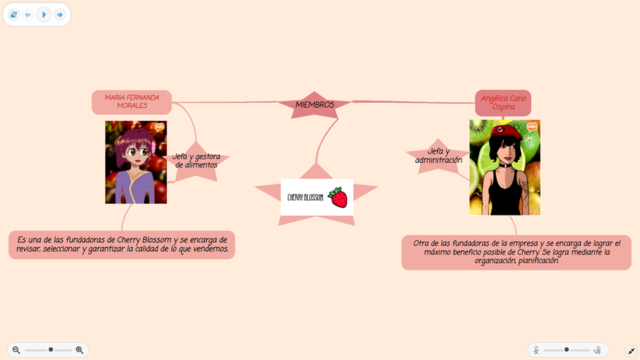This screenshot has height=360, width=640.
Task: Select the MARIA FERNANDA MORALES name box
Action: (x=131, y=102)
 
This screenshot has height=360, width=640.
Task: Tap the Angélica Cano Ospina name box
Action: (x=503, y=102)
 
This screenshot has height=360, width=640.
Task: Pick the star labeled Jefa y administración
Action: (x=438, y=156)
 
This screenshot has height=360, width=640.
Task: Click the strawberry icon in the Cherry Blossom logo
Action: (x=339, y=197)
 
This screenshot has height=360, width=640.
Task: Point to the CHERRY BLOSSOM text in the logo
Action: (x=305, y=198)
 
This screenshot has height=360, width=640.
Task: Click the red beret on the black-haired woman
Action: (x=507, y=131)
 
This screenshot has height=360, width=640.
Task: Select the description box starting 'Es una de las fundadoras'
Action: (x=122, y=245)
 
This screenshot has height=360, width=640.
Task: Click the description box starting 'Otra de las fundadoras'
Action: (x=516, y=252)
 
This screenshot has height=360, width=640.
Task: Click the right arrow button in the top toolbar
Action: (x=60, y=15)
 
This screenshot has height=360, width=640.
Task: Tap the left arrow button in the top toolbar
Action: (x=28, y=15)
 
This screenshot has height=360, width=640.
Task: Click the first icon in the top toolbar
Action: (x=13, y=15)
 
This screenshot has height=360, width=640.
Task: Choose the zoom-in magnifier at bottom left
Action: (x=80, y=350)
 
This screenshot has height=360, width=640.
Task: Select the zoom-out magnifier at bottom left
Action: (x=16, y=350)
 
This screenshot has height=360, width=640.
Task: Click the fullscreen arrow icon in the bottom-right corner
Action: (x=627, y=350)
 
